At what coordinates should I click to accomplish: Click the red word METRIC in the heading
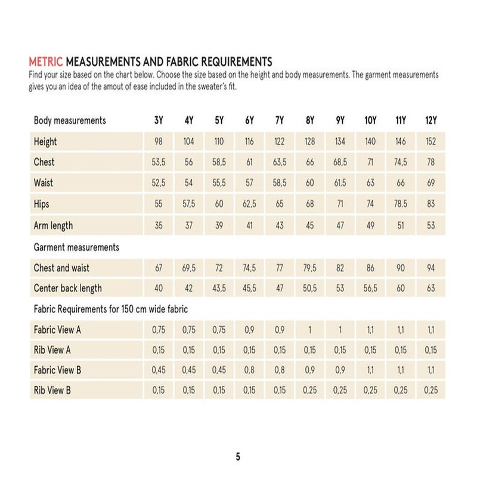[46, 61]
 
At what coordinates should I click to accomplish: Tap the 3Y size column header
[159, 120]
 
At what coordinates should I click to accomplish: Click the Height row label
[45, 142]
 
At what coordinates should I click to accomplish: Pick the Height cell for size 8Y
[309, 142]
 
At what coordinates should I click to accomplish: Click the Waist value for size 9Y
[340, 183]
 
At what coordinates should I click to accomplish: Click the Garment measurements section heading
[76, 247]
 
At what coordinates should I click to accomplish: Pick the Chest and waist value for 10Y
[370, 268]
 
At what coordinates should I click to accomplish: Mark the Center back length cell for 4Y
[188, 289]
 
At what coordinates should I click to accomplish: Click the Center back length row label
[67, 289]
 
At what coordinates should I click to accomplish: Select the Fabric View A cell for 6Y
[249, 330]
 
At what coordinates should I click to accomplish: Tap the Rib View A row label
[52, 350]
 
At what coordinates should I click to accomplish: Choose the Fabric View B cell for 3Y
[159, 370]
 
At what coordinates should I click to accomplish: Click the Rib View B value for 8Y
[309, 391]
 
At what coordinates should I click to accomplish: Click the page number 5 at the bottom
[238, 457]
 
